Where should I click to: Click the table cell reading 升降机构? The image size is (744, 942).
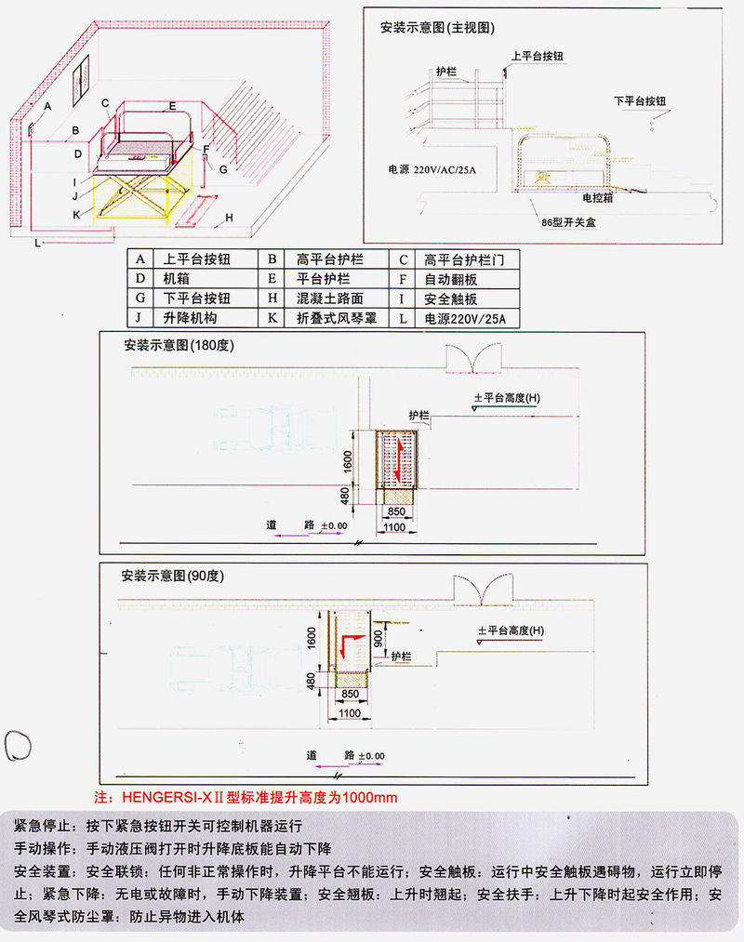coord(190,318)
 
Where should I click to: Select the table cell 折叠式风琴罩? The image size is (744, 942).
coord(337,318)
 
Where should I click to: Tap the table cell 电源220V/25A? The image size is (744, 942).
coord(465,318)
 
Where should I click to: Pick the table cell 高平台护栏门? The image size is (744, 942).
coord(464,260)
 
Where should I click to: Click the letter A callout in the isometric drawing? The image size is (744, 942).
coord(47,106)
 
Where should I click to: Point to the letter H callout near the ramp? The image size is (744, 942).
coord(229,218)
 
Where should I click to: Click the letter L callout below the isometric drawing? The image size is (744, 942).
coord(38,243)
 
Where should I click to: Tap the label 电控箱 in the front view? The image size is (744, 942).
coord(597,197)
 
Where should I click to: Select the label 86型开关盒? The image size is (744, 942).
coord(568,222)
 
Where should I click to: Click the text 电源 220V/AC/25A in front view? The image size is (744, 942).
coord(432,169)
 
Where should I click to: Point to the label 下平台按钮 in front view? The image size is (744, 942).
coord(640,101)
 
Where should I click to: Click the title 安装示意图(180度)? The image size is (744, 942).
coord(179,345)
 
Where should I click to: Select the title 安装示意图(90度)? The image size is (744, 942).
coord(172,576)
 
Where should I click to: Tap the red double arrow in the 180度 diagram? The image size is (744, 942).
coord(397,459)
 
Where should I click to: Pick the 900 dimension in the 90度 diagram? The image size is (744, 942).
coord(378,639)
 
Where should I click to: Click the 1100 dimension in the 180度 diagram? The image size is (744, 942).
coord(394,527)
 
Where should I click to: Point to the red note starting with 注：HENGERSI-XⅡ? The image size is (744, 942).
coord(246,797)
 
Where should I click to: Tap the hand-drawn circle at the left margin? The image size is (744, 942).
coord(18,746)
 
